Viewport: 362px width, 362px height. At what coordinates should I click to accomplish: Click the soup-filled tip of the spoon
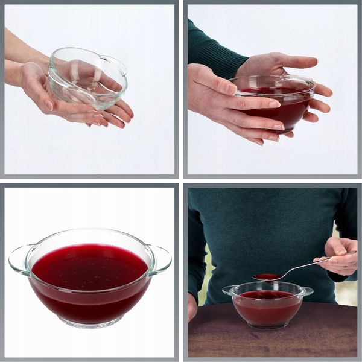coord(266,277)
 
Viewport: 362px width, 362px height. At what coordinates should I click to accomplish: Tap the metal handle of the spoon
coord(302,265)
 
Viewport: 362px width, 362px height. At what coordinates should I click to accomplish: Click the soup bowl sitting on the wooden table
coord(267,306)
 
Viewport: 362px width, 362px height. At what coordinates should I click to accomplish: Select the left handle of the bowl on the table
coord(228,290)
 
